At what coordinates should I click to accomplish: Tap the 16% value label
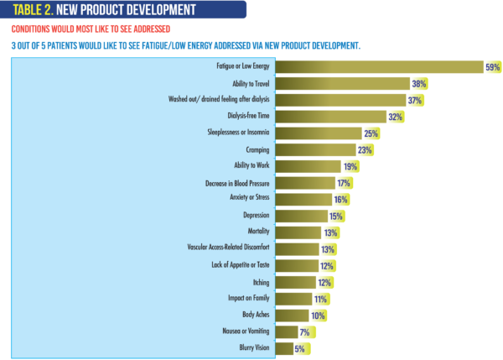tap(340, 199)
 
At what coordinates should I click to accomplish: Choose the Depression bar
tap(302, 215)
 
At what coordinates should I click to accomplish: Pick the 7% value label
tap(305, 331)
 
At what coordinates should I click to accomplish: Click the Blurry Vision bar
tap(284, 347)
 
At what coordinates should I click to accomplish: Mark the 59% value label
tap(493, 67)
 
